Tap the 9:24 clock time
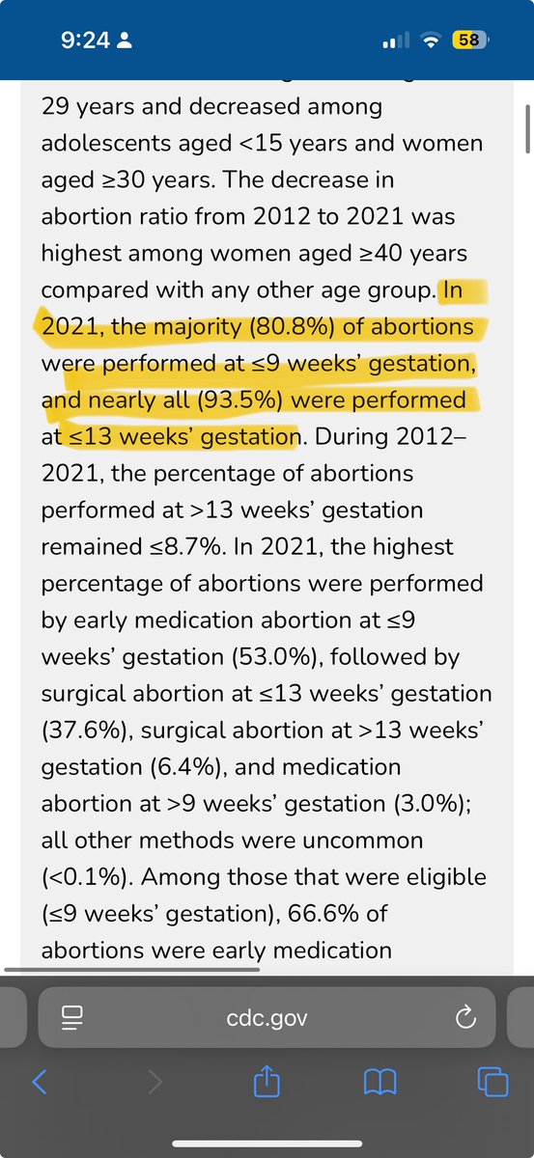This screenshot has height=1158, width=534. (85, 41)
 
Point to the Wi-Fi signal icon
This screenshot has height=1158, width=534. (431, 41)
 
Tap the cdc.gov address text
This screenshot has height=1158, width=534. (267, 1018)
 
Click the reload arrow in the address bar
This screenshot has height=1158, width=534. (465, 1017)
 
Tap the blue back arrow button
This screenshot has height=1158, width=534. (40, 1081)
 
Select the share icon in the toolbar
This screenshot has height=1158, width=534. (267, 1080)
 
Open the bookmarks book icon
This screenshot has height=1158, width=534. (380, 1082)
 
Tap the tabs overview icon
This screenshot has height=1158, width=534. (492, 1082)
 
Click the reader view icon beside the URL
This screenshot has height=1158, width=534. (71, 1018)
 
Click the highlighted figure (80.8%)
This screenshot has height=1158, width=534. (292, 327)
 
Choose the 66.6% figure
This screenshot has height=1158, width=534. (323, 914)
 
